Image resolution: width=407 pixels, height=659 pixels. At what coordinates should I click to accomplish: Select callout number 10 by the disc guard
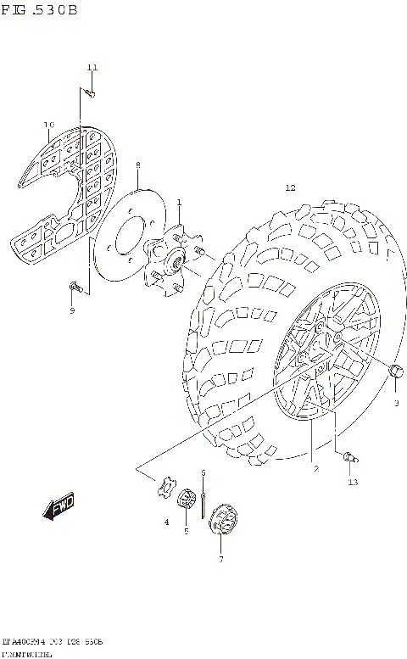pos(48,125)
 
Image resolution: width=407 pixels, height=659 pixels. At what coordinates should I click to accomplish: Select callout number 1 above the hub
pos(179,201)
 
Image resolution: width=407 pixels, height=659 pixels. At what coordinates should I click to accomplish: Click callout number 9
pos(72,310)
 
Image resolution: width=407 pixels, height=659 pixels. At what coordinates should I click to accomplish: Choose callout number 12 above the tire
pos(290,187)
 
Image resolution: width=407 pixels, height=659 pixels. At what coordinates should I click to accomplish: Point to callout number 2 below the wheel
pos(315,468)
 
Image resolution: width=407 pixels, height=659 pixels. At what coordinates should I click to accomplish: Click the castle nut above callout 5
pos(185,500)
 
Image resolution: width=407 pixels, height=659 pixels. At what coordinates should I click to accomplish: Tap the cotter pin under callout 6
pos(204,500)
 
